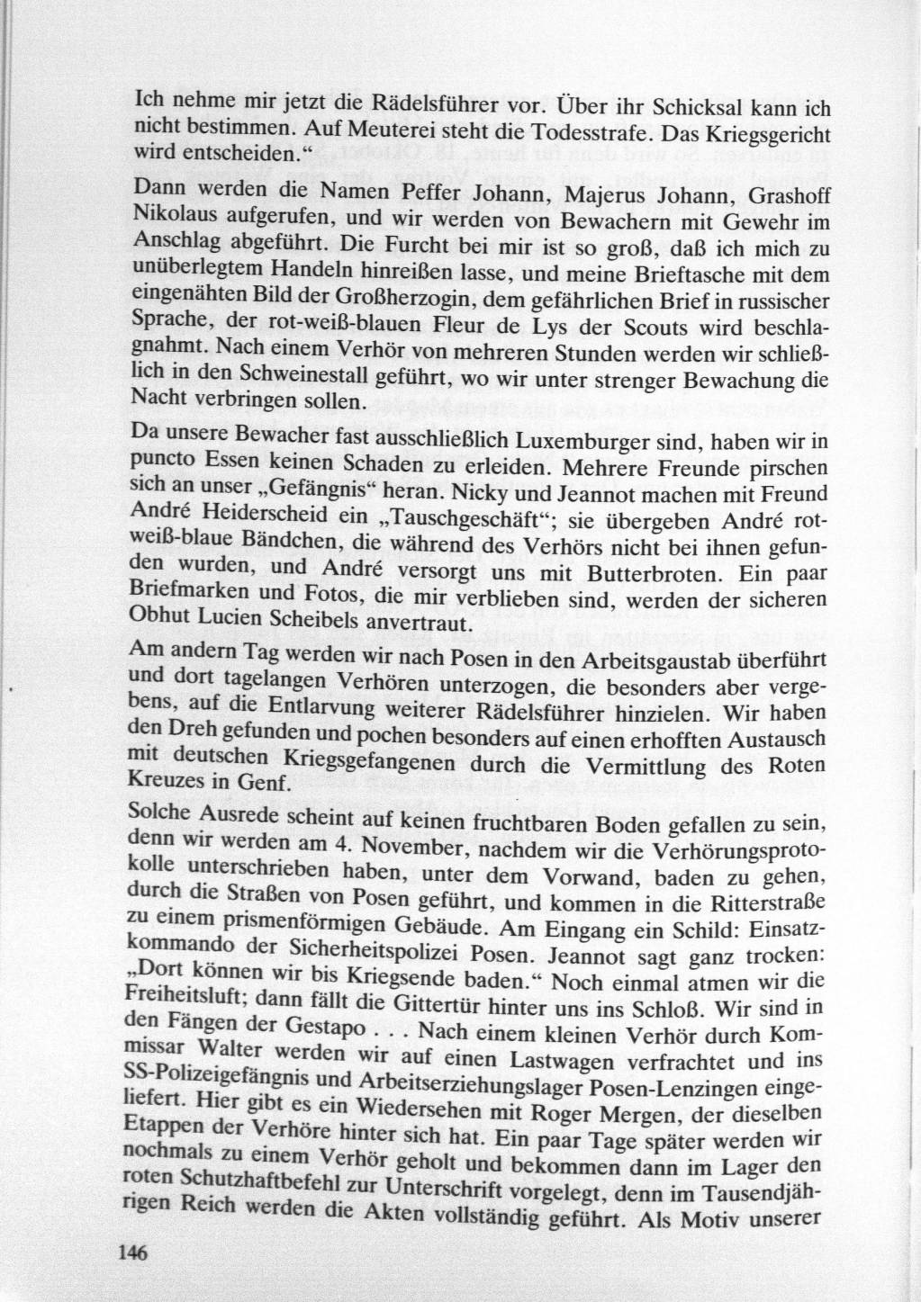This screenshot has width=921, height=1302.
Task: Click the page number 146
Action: point(131,1253)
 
